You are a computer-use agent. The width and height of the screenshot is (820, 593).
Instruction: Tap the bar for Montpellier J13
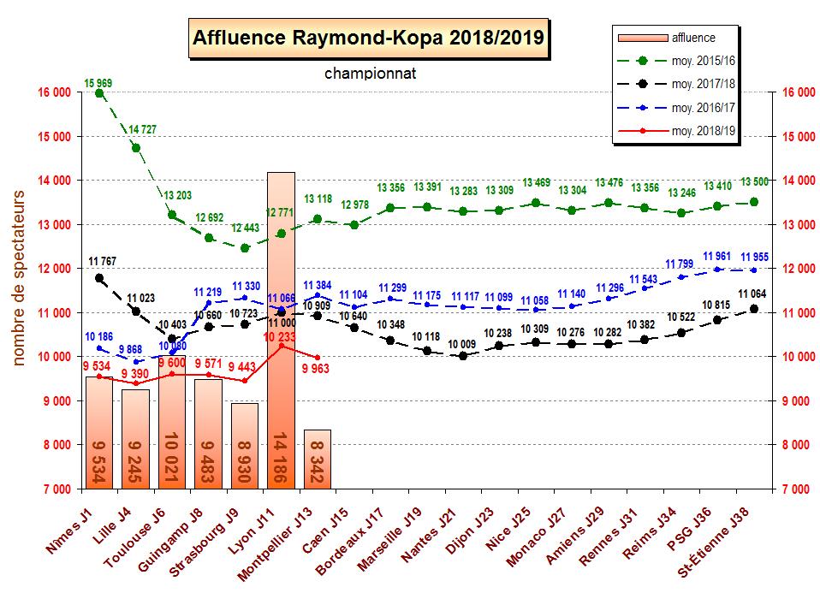(318, 459)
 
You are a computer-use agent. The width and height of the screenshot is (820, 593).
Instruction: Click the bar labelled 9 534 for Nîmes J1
(99, 432)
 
